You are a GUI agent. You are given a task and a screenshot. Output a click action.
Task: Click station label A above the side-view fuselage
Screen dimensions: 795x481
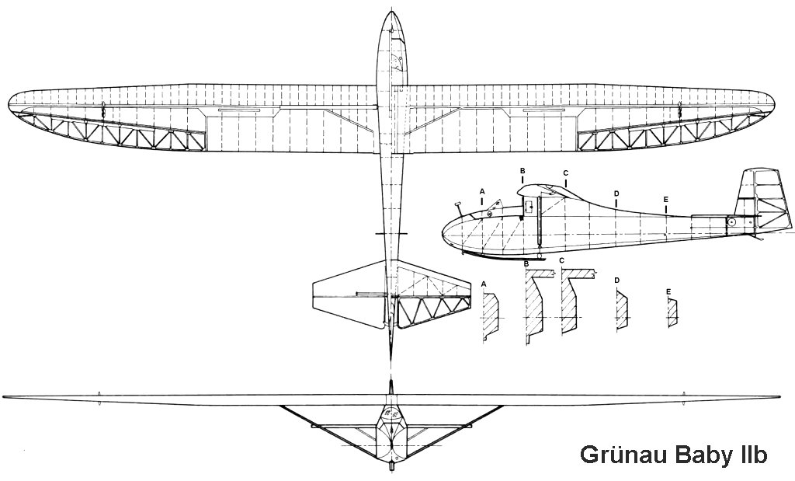point(483,191)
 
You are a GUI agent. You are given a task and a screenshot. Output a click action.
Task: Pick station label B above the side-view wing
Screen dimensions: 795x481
point(522,172)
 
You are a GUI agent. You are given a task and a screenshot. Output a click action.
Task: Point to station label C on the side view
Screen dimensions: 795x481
point(565,173)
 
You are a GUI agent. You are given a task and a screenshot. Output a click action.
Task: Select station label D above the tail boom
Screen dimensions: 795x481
point(616,193)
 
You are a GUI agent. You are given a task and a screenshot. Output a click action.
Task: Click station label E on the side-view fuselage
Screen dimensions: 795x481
point(665,200)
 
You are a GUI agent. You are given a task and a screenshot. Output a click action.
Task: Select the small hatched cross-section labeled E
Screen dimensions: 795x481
point(672,312)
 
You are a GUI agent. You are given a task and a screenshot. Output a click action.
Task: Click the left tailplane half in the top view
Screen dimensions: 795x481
point(349,296)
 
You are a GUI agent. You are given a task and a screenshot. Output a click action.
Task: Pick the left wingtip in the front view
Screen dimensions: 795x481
point(4,396)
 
